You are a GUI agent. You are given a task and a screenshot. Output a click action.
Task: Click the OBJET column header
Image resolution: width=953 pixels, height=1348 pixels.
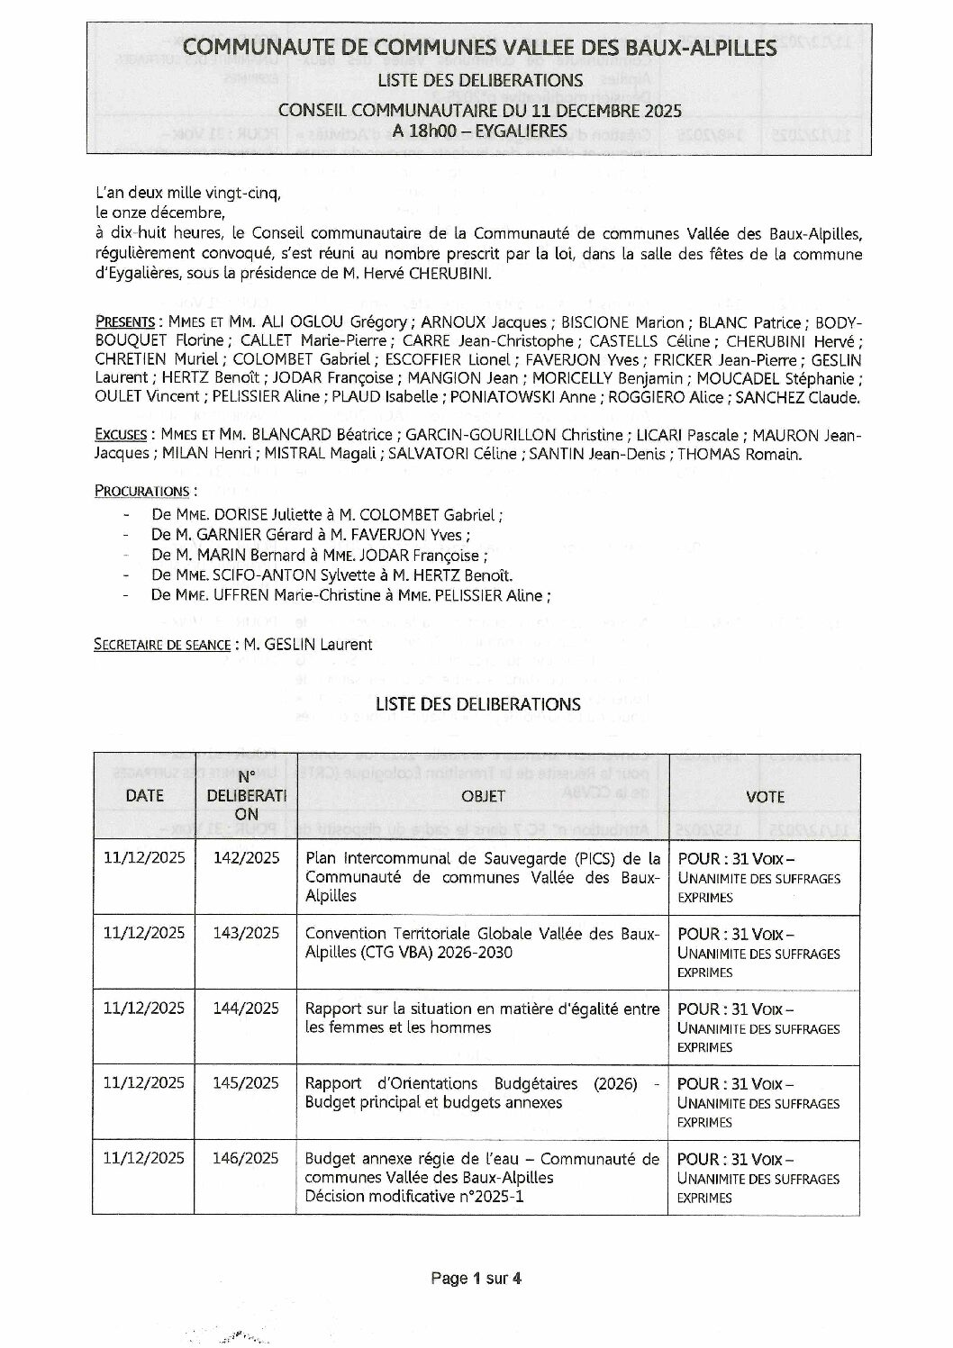(483, 796)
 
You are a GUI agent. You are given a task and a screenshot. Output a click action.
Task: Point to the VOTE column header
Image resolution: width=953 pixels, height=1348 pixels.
(765, 796)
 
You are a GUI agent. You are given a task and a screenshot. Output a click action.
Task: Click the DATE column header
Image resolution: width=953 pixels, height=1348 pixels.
(144, 795)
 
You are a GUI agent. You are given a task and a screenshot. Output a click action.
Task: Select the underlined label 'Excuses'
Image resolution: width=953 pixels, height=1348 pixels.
(121, 435)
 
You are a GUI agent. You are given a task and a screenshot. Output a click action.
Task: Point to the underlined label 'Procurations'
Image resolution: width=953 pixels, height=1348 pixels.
(141, 491)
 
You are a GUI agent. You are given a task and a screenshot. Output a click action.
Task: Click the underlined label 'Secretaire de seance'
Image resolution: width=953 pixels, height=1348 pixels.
(160, 644)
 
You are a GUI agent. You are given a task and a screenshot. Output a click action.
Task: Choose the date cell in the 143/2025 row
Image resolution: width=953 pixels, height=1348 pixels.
(144, 933)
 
